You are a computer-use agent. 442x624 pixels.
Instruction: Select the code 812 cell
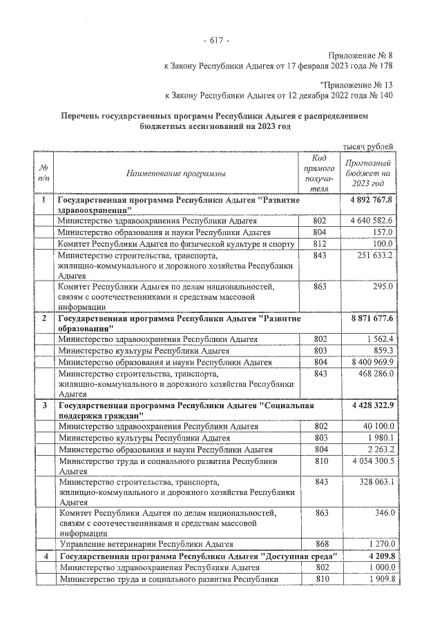[319, 244]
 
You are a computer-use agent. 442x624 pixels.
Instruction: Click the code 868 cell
[319, 543]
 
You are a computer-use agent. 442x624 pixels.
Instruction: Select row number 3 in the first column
[44, 404]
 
